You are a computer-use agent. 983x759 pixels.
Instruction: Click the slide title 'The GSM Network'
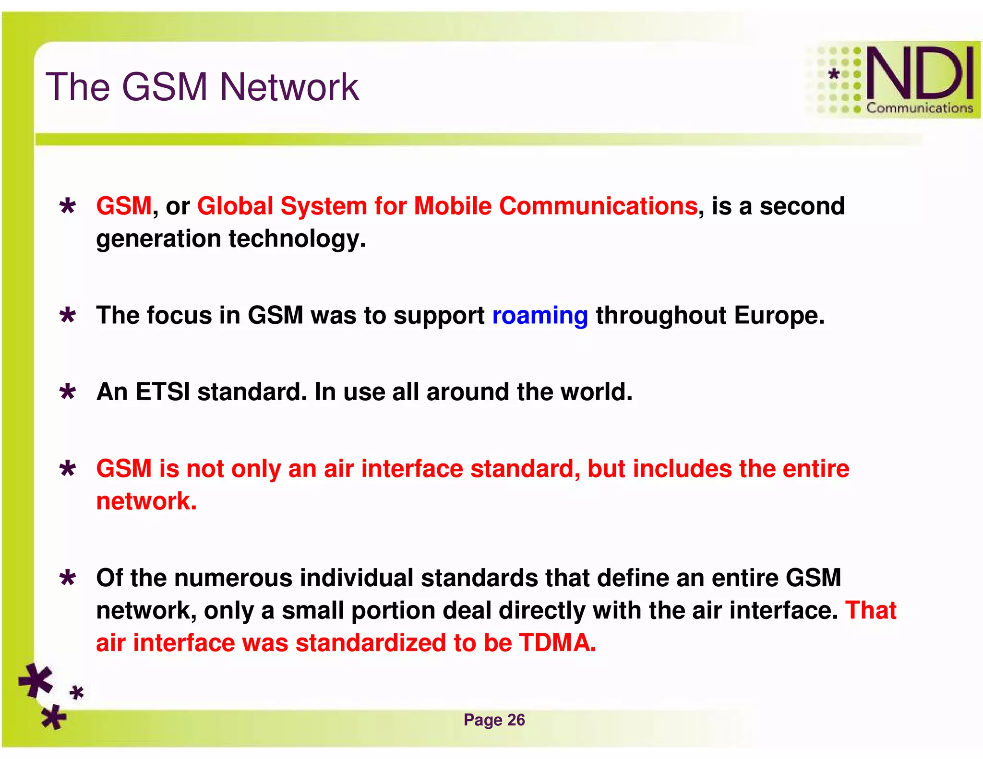click(x=202, y=87)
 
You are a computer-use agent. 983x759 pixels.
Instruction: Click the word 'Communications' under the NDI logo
click(x=919, y=108)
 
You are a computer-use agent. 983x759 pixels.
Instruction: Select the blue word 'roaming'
click(x=540, y=316)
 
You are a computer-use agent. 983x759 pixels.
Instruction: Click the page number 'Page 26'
click(x=494, y=720)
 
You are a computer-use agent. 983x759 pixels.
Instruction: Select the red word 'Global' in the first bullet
click(x=235, y=206)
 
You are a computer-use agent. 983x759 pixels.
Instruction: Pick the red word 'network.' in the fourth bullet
click(x=146, y=501)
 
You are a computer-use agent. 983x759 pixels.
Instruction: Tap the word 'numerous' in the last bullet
click(x=233, y=578)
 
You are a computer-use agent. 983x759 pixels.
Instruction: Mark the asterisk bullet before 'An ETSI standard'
click(x=68, y=392)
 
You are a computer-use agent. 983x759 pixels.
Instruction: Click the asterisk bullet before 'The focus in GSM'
click(x=68, y=316)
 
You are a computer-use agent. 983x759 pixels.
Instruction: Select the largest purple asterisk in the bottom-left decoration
click(x=36, y=680)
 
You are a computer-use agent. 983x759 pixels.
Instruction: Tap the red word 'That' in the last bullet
click(x=871, y=610)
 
